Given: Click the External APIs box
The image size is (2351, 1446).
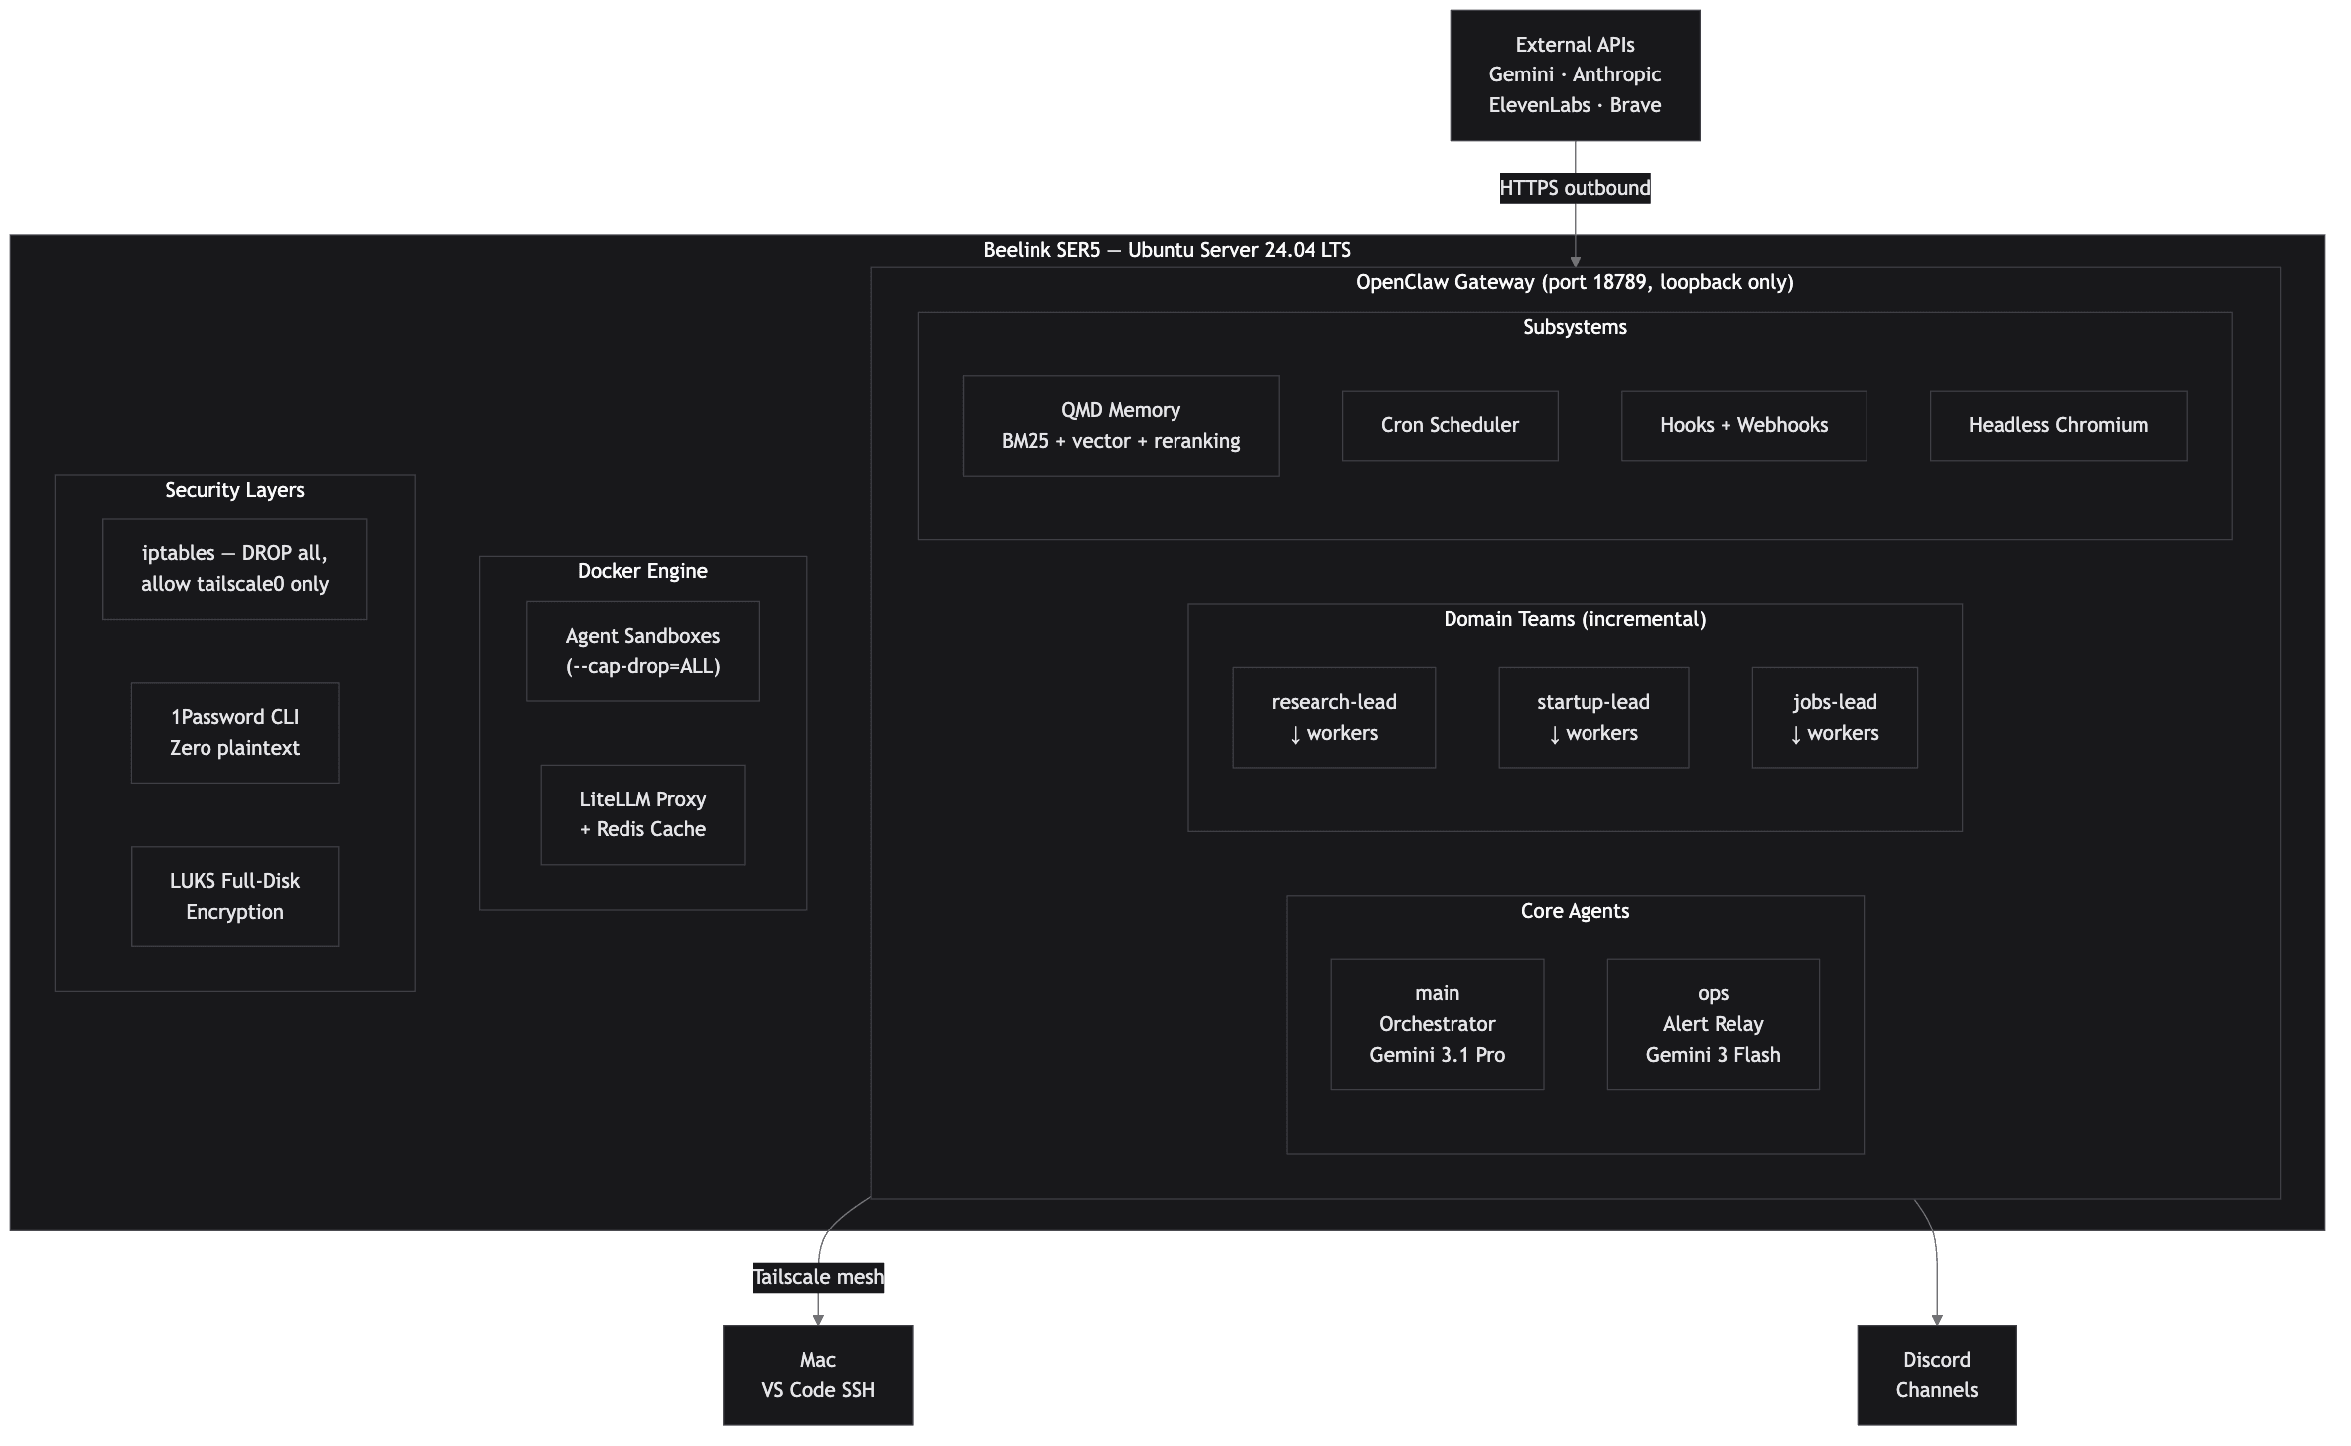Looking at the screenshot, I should tap(1575, 75).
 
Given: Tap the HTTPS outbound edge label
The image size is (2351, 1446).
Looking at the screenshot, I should tap(1575, 188).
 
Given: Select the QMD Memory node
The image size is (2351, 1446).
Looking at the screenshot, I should tap(1120, 426).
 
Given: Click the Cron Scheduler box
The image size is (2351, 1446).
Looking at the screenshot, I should tap(1450, 426).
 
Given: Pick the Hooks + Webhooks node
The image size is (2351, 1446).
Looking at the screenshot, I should tap(1743, 426).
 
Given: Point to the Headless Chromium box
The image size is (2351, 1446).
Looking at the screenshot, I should tap(2058, 426).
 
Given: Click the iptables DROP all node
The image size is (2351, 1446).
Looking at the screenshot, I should tap(234, 569).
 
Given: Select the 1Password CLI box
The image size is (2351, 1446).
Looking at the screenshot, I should tap(234, 733).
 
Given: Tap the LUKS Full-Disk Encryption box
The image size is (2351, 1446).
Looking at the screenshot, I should tap(234, 897).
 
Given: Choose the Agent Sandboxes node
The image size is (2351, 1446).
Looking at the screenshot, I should tap(642, 651).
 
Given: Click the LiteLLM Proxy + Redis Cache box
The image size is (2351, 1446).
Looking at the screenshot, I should tap(642, 814).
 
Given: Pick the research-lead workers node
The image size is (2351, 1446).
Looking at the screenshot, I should tap(1333, 718).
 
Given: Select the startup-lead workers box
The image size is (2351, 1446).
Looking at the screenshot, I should tap(1592, 718).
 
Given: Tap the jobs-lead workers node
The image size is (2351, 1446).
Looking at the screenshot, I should tap(1834, 718).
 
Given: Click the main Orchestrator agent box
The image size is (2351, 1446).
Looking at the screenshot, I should tap(1437, 1025).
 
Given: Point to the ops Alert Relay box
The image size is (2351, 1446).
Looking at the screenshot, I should tap(1713, 1025).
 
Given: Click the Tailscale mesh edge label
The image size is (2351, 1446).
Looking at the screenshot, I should tap(817, 1277).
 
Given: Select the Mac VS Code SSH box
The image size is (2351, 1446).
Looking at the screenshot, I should tap(817, 1375).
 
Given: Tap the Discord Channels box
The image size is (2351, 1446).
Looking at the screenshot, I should tap(1936, 1375).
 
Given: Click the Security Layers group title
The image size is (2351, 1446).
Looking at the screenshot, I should tap(234, 490).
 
